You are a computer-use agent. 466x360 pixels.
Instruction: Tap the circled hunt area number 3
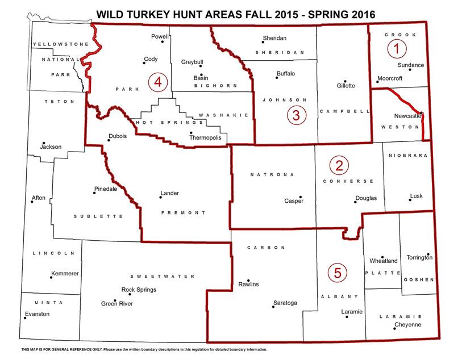pyautogui.click(x=296, y=115)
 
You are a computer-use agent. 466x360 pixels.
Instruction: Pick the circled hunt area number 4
pyautogui.click(x=157, y=82)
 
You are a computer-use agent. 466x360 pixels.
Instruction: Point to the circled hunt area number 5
pyautogui.click(x=338, y=273)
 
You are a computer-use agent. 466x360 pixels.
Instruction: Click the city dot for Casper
pyautogui.click(x=301, y=197)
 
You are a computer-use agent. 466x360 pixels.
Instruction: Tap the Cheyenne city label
pyautogui.click(x=407, y=325)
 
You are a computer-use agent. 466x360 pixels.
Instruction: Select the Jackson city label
pyautogui.click(x=50, y=146)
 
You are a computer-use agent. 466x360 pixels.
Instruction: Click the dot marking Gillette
pyautogui.click(x=344, y=81)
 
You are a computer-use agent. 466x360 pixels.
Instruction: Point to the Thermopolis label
pyautogui.click(x=207, y=137)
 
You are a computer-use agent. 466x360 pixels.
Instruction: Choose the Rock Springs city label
pyautogui.click(x=139, y=290)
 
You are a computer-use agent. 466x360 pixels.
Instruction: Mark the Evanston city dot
pyautogui.click(x=26, y=318)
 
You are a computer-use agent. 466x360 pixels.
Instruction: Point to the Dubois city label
pyautogui.click(x=117, y=136)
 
